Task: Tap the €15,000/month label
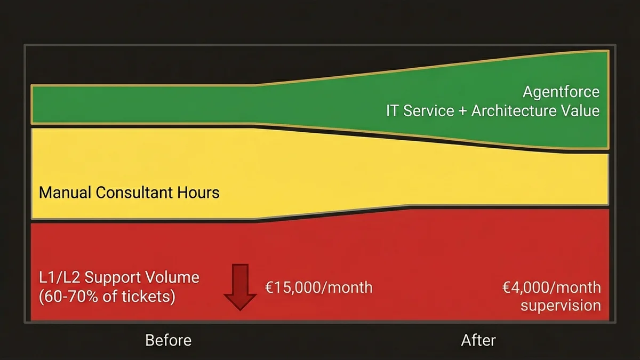click(x=318, y=287)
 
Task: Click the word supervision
click(x=561, y=306)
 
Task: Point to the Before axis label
click(x=168, y=340)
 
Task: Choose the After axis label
click(x=478, y=340)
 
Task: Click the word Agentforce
click(x=561, y=92)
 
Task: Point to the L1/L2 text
click(x=59, y=278)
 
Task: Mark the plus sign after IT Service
click(x=462, y=111)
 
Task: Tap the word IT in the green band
click(x=393, y=111)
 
